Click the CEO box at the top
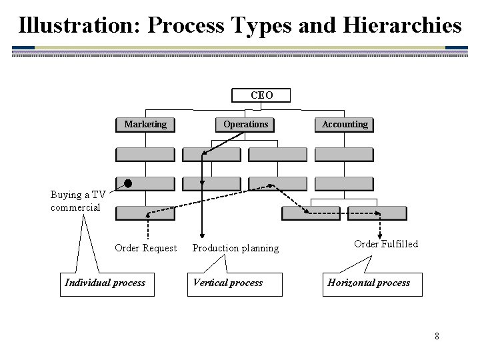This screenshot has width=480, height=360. pos(261,95)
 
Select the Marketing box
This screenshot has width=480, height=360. pos(145,124)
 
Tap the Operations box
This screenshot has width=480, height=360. pos(245,124)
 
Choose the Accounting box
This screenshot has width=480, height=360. pos(345,124)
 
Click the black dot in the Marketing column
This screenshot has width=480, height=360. pos(128,183)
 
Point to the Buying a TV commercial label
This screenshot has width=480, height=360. pos(77,201)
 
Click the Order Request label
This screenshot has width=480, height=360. pos(146,248)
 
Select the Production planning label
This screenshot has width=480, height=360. pos(235,248)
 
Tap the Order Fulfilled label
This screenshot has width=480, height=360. pos(386,244)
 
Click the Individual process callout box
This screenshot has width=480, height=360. pos(105,283)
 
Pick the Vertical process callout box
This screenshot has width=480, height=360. pos(227,283)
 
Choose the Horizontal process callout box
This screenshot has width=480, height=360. pos(369,283)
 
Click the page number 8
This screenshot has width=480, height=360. pos(437,335)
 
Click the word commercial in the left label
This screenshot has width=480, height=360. pos(75,207)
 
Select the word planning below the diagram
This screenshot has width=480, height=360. pos(260,248)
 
